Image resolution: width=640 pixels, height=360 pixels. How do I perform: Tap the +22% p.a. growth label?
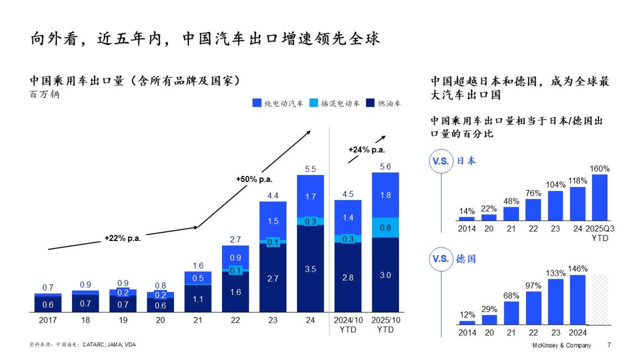point(123,238)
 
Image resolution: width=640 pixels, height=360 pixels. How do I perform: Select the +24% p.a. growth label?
point(367,149)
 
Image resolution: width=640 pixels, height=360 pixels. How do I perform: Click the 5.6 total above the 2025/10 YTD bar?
point(385,167)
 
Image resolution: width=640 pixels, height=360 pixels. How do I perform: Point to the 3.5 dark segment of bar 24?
point(311,269)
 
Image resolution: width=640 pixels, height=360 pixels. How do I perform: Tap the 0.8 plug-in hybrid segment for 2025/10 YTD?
point(385,227)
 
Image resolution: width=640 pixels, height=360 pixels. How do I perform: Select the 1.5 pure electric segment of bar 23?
point(273,221)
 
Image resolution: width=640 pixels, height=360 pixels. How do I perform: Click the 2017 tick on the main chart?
point(48,320)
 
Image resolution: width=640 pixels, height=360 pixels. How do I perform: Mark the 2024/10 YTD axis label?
point(348,325)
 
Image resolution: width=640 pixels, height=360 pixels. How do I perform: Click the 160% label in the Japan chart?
point(600,169)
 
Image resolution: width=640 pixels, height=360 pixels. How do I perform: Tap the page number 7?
point(609,345)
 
